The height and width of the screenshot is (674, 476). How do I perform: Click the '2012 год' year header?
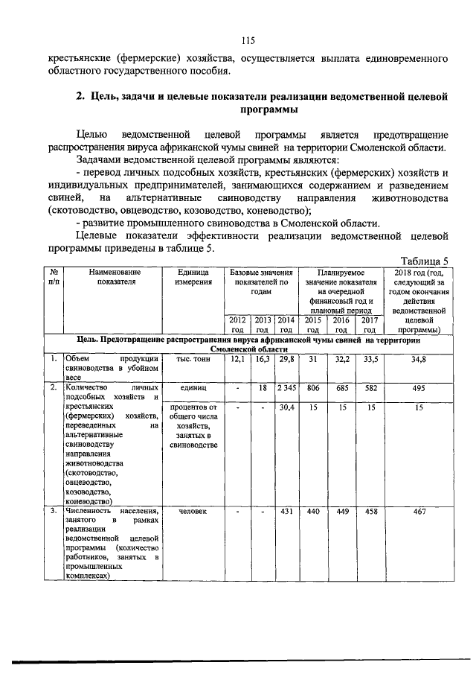[238, 324]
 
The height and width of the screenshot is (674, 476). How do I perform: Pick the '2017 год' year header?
[369, 324]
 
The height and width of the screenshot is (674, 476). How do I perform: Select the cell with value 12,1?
[238, 359]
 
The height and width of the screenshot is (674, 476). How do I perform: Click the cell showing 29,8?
[286, 359]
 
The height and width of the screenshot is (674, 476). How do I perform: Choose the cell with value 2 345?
[286, 389]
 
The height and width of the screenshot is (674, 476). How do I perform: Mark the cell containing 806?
[313, 389]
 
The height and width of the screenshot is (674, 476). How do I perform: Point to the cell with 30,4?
[286, 408]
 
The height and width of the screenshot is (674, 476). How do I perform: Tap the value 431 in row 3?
[286, 512]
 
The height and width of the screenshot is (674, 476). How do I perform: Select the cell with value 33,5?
[369, 359]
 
